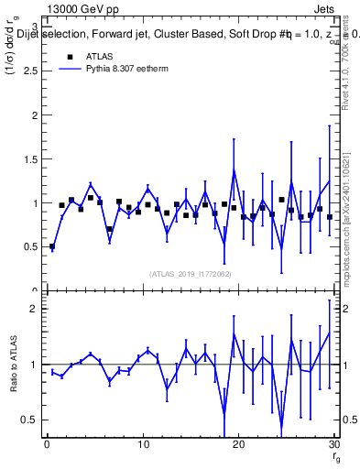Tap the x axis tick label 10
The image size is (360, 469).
[x=142, y=445]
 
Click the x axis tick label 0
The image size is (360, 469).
[x=47, y=445]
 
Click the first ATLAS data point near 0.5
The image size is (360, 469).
[x=52, y=246]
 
